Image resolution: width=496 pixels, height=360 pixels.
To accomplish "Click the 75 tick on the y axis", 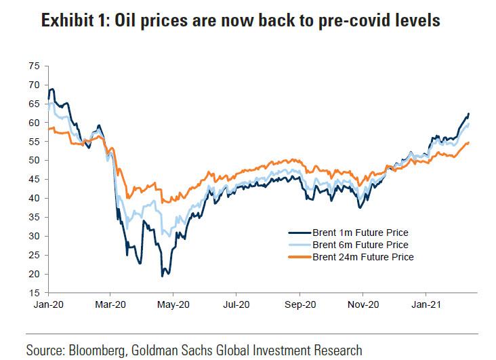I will click(x=34, y=66).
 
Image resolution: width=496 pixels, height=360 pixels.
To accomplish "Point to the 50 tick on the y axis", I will click(x=34, y=161).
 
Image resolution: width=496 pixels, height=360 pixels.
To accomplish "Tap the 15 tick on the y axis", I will click(x=34, y=293).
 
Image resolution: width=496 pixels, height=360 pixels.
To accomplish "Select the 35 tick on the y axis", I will click(x=34, y=217).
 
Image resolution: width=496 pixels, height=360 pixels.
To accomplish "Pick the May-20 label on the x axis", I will click(x=173, y=304).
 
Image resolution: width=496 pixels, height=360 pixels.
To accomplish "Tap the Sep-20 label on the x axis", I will click(x=299, y=304).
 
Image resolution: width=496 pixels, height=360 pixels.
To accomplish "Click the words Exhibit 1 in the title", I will click(x=74, y=22).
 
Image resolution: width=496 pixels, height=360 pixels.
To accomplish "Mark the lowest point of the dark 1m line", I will click(x=162, y=276).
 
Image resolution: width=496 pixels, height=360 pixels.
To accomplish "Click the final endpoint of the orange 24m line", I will click(x=469, y=142).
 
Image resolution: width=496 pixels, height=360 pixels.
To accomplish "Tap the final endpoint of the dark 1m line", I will click(x=469, y=113).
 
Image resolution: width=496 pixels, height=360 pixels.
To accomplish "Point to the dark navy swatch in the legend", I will click(x=297, y=233).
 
